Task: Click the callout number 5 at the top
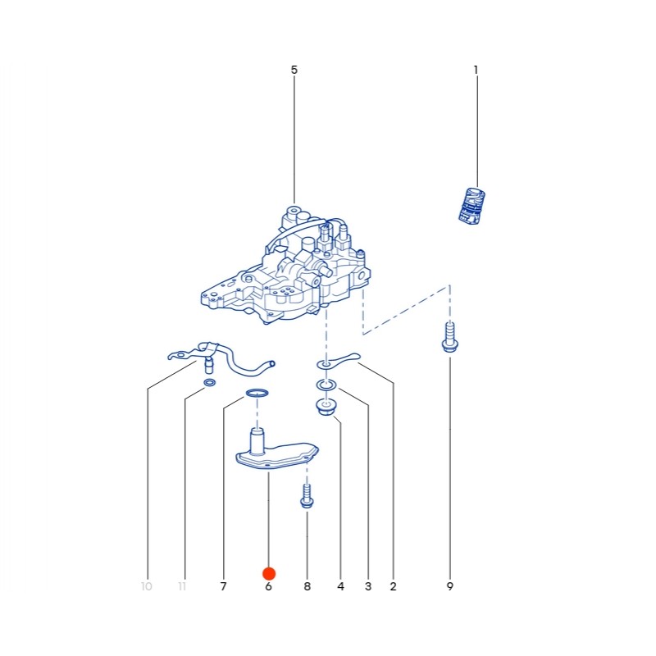pos(294,70)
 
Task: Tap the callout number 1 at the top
pos(476,70)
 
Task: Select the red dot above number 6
pos(269,573)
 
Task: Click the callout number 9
pos(449,586)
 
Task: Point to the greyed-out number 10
pos(147,586)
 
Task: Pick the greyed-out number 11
pos(182,586)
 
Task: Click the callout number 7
pos(223,586)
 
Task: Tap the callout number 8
pos(307,586)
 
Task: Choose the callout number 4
pos(340,586)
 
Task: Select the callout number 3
pos(368,586)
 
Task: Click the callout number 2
pos(393,586)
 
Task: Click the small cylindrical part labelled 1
pos(472,206)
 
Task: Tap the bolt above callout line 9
pos(449,337)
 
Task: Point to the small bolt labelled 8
pos(307,497)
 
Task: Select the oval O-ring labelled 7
pos(257,393)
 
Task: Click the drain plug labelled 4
pos(326,407)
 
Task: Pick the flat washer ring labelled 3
pos(326,385)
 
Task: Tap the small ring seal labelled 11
pos(210,382)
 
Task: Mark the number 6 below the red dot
pos(269,586)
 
